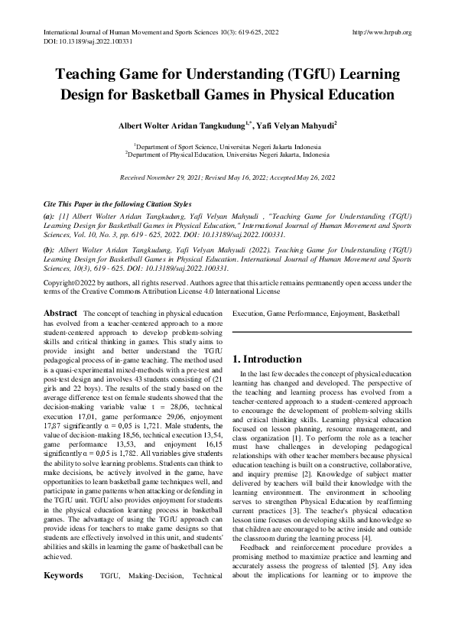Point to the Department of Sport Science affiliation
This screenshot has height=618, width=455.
(x=228, y=145)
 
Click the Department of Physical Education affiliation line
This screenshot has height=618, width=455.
(x=228, y=153)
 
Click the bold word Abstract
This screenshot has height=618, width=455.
(x=60, y=313)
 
